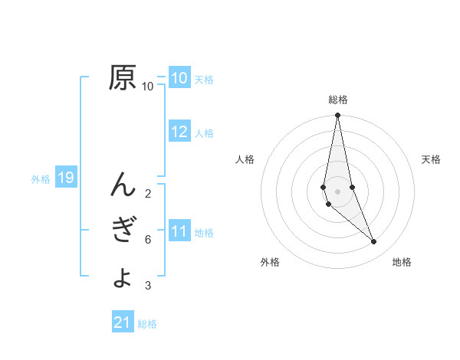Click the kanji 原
click(x=123, y=77)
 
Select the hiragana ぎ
click(x=123, y=231)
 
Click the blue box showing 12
click(x=179, y=132)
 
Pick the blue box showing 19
click(x=66, y=178)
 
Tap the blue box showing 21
click(x=123, y=322)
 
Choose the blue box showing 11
click(x=179, y=231)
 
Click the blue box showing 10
click(x=179, y=78)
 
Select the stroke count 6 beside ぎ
click(x=147, y=240)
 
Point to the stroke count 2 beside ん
click(x=147, y=193)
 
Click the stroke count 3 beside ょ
click(x=147, y=286)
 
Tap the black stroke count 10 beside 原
click(x=147, y=87)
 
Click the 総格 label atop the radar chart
click(x=338, y=100)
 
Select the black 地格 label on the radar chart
click(x=402, y=262)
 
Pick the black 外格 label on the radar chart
click(x=270, y=262)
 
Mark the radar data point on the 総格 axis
click(x=338, y=116)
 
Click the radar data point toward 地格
click(x=374, y=241)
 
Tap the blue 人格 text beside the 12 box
click(x=204, y=133)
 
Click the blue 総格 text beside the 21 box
click(x=147, y=324)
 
